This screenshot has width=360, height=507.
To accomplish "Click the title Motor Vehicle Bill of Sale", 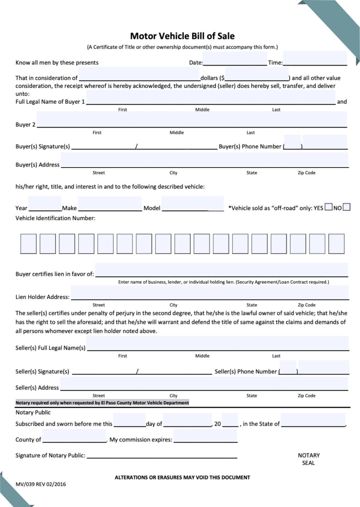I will click(x=182, y=36).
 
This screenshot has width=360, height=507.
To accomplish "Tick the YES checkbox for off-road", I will click(x=328, y=207).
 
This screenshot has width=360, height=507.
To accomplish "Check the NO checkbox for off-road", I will click(x=346, y=207).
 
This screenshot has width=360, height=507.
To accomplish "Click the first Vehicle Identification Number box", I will click(x=28, y=244).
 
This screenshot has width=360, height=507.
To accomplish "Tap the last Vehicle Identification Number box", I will click(x=337, y=244).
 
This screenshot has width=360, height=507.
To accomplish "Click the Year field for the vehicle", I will click(x=45, y=204).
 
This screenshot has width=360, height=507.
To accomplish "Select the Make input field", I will click(x=110, y=204).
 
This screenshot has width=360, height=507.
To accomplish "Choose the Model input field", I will click(x=193, y=204).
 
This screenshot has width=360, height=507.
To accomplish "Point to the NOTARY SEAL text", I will click(x=308, y=459).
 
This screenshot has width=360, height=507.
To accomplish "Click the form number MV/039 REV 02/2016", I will click(x=41, y=484).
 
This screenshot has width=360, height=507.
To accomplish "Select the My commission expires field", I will click(x=205, y=436).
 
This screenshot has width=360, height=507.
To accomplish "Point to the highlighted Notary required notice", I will click(x=102, y=403).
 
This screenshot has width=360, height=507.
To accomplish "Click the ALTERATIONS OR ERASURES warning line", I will click(x=182, y=477).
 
